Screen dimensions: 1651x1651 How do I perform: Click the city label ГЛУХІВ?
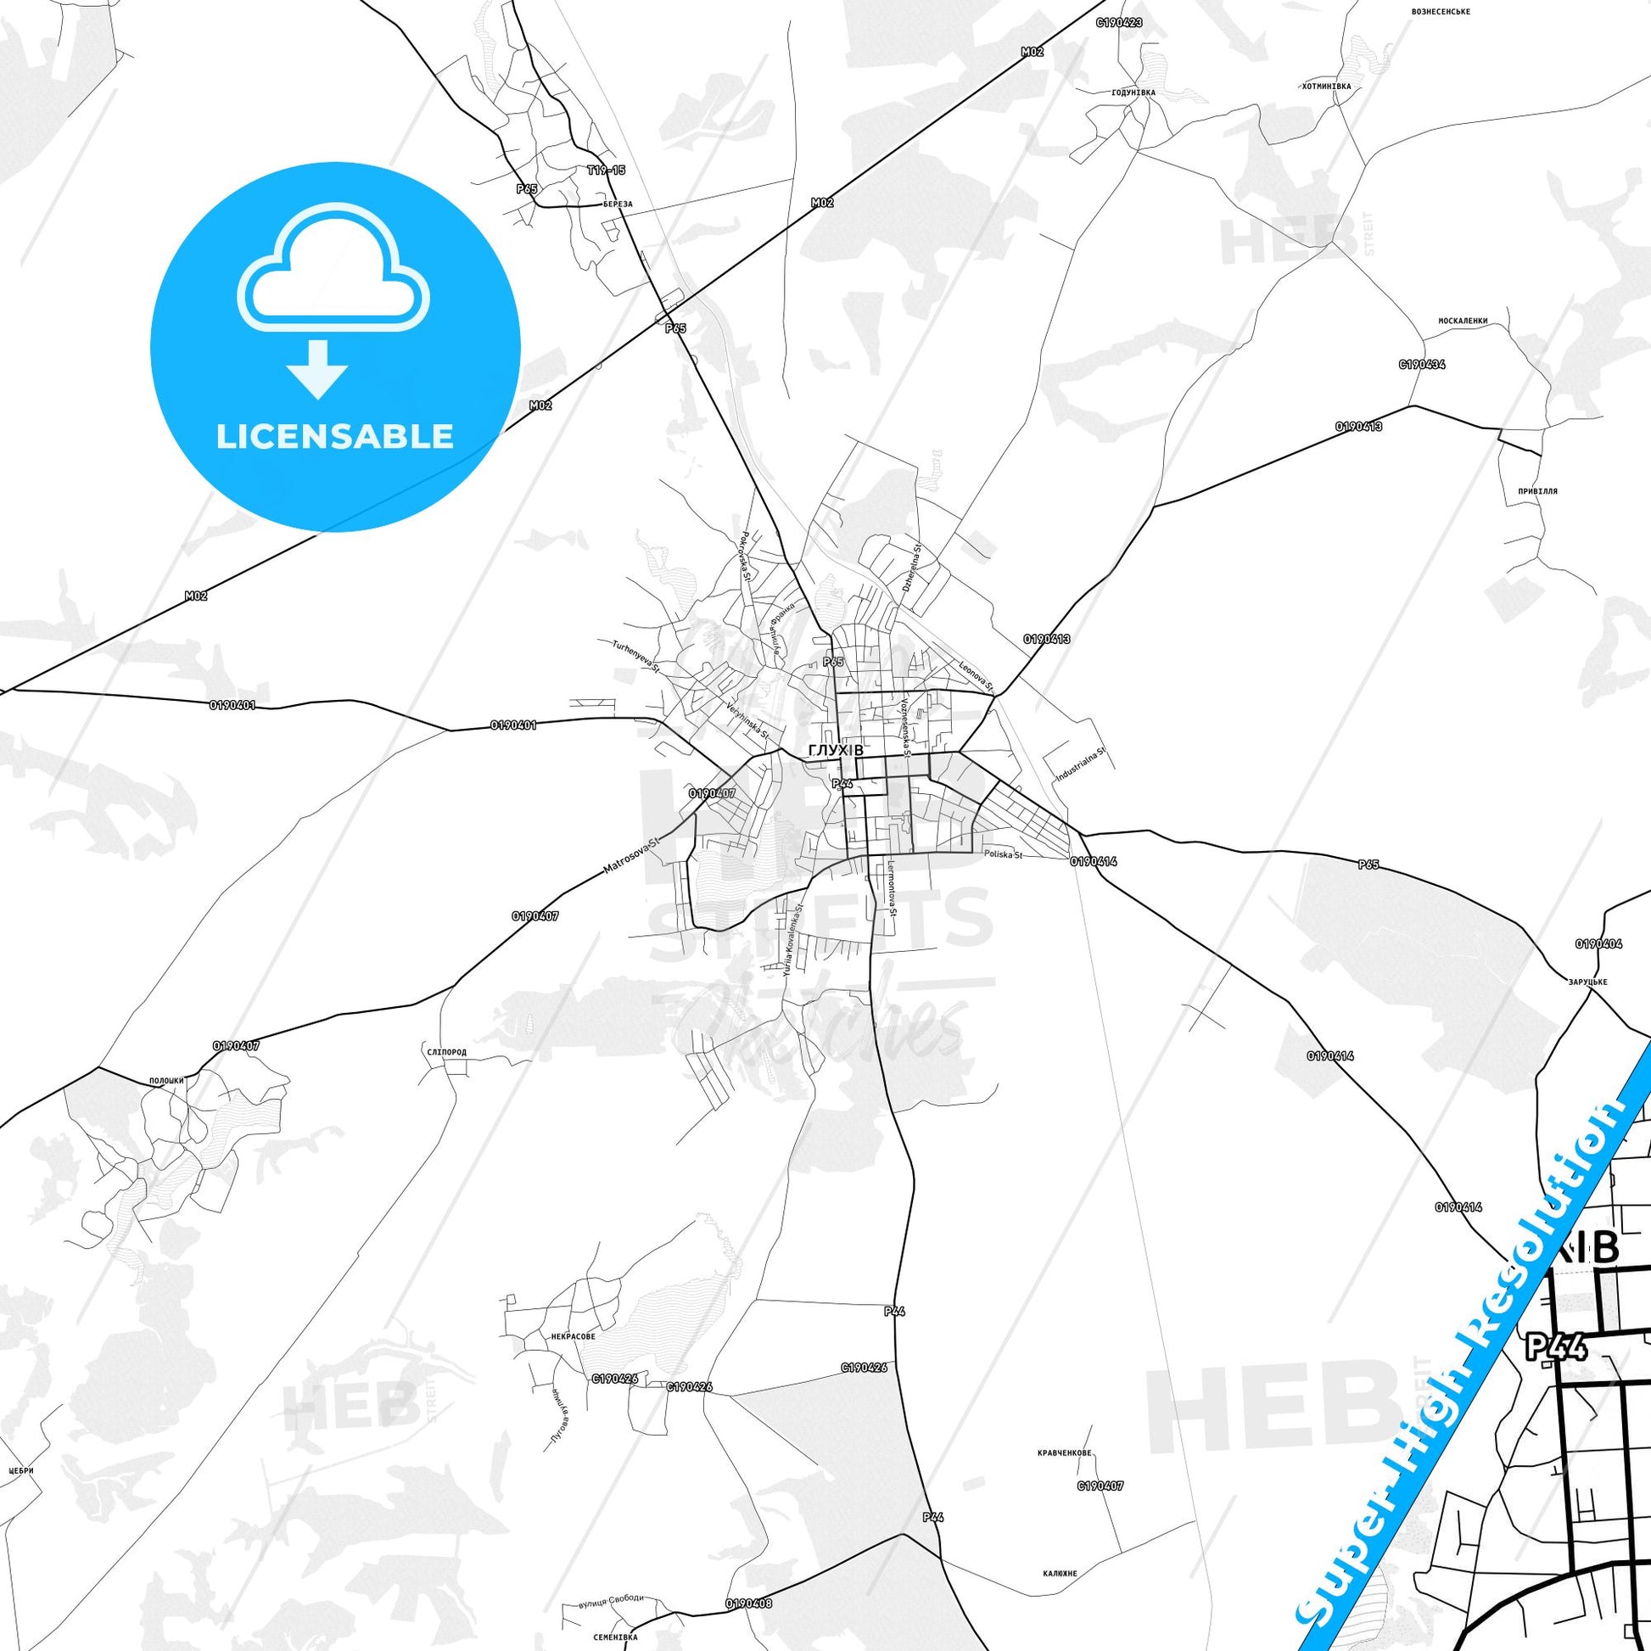tap(835, 749)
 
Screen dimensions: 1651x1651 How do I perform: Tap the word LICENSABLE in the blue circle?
tap(335, 436)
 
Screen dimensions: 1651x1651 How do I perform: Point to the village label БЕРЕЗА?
tap(616, 204)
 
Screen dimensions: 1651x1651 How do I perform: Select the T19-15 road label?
tap(606, 170)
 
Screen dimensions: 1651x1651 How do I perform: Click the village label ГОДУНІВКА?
tap(1133, 92)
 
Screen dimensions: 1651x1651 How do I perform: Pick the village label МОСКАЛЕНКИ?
tap(1463, 322)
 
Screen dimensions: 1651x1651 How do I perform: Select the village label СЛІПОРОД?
tap(445, 1052)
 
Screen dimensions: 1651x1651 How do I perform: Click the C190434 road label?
tap(1422, 364)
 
